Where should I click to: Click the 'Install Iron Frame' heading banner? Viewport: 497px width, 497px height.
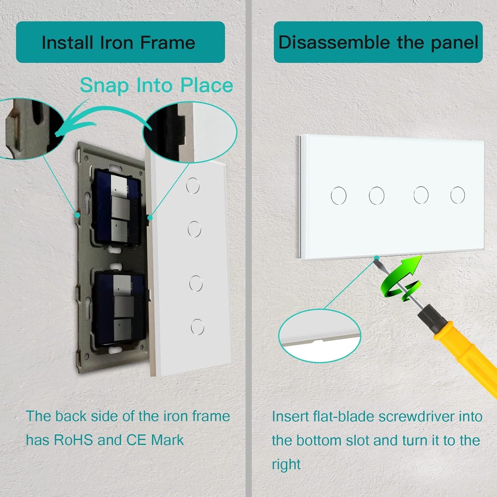(x=120, y=42)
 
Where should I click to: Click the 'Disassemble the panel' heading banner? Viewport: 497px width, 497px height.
(x=378, y=42)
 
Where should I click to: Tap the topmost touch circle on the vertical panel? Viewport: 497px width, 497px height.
(x=193, y=186)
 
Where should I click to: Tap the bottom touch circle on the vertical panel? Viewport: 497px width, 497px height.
(x=197, y=327)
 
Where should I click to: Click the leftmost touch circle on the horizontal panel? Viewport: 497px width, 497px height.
(x=339, y=195)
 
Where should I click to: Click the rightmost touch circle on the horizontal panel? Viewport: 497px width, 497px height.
(x=458, y=195)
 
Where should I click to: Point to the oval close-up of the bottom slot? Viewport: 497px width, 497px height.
(x=320, y=336)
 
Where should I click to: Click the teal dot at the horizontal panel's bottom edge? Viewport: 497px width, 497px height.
(x=376, y=257)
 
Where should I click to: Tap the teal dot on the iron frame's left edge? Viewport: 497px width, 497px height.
(x=77, y=215)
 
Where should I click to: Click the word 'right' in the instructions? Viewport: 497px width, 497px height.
(x=286, y=465)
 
